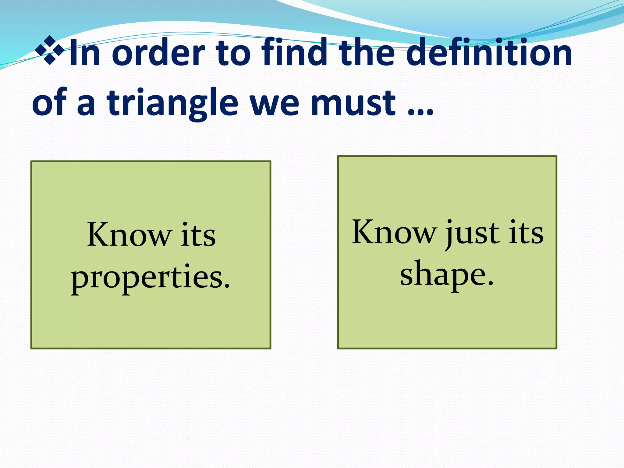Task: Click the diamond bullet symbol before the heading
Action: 50,50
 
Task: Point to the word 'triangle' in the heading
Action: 172,104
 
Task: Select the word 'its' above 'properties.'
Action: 198,235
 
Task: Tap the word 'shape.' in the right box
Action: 447,274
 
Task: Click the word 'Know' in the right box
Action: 395,232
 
